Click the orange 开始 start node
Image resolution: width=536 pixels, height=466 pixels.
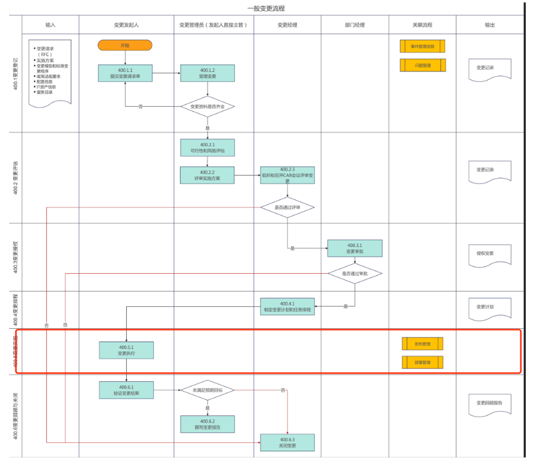point(124,45)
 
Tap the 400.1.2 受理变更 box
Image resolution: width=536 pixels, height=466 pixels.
point(207,73)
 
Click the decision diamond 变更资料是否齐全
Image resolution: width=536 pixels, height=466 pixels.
point(207,106)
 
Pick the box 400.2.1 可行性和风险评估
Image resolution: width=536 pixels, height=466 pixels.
point(207,148)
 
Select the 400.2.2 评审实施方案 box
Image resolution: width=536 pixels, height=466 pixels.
point(207,175)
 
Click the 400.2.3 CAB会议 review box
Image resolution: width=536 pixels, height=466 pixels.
point(287,175)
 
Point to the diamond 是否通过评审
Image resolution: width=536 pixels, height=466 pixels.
point(287,207)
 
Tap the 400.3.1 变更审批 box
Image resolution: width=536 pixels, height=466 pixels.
point(355,248)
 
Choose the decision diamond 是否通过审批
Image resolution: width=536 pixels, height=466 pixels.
point(355,274)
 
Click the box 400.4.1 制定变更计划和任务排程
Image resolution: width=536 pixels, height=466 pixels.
point(287,306)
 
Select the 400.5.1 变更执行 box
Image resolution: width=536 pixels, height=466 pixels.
point(126,350)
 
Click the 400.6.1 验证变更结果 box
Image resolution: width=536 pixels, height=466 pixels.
point(126,390)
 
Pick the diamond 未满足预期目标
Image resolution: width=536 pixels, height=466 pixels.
point(207,390)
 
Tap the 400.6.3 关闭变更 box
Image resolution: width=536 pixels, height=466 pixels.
point(287,442)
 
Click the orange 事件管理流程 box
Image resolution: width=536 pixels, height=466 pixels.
point(423,46)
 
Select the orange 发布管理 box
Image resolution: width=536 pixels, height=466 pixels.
point(423,344)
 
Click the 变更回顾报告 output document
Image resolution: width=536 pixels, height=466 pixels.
point(490,403)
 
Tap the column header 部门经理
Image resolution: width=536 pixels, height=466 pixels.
point(355,25)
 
